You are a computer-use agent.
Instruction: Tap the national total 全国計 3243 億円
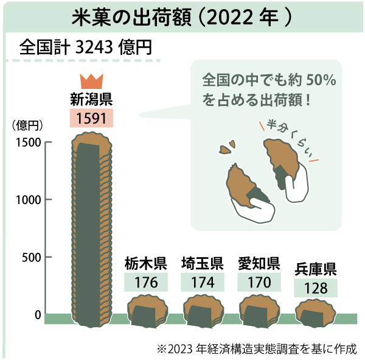[x=85, y=47]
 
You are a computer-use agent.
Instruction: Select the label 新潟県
[x=92, y=98]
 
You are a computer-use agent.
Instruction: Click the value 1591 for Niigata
[x=92, y=117]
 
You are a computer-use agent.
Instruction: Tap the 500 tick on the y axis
[x=32, y=258]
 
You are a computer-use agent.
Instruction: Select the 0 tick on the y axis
[x=37, y=315]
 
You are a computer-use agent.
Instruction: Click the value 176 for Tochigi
[x=146, y=283]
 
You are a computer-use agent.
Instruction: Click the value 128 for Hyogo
[x=316, y=288]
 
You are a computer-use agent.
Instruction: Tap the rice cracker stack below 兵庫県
[x=316, y=312]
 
